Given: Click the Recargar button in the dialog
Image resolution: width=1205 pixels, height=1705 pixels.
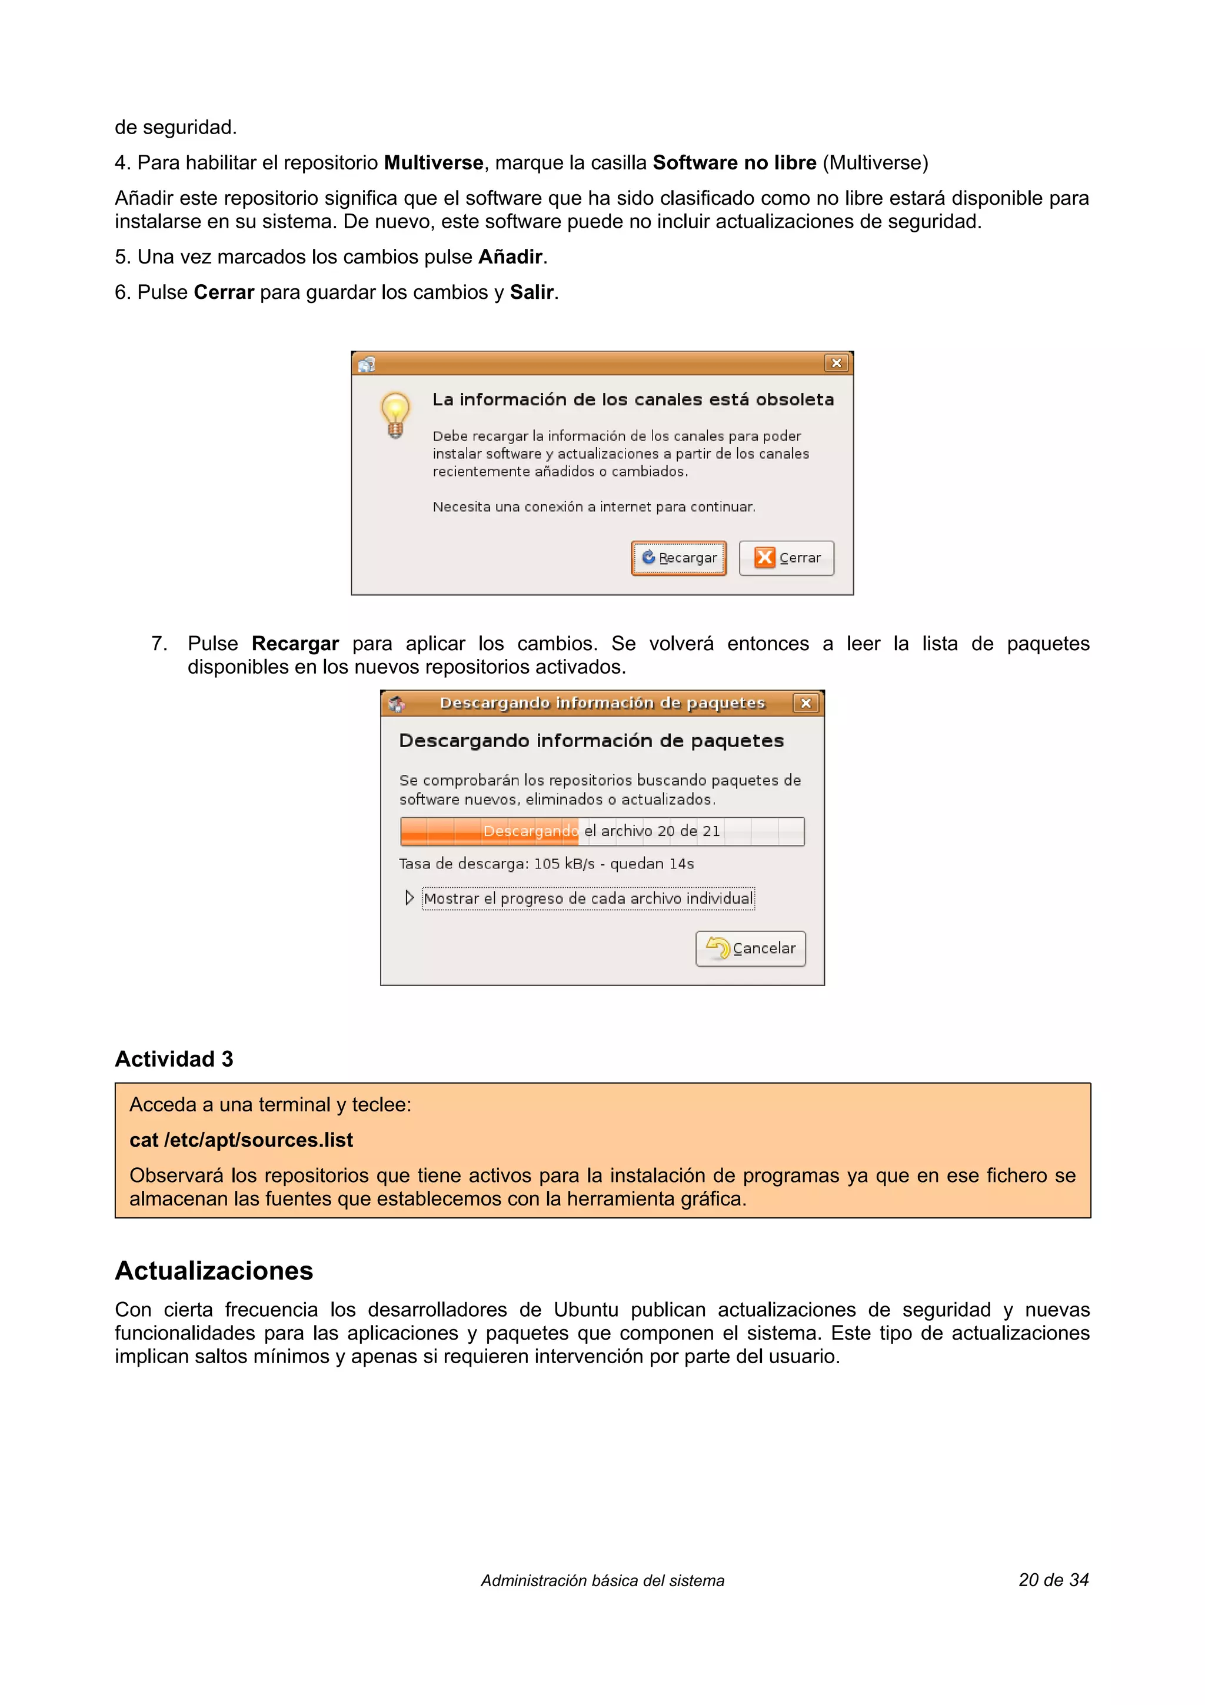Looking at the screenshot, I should point(678,558).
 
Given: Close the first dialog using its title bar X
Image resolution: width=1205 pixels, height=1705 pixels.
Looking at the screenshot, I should point(836,363).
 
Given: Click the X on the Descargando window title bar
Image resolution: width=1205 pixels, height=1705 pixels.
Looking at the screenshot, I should point(805,703).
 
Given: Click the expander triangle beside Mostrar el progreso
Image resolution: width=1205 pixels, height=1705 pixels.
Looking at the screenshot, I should point(409,898).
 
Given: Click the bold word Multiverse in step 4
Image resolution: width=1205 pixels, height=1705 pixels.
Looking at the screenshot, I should point(433,162).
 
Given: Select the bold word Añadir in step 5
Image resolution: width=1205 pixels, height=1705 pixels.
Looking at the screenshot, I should point(510,257).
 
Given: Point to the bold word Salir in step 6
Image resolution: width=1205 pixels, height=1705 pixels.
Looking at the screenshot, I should point(531,292).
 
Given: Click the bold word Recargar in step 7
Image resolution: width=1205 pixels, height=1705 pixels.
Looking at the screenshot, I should point(295,644).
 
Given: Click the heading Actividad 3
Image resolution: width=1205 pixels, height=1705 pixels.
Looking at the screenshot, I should point(174,1059).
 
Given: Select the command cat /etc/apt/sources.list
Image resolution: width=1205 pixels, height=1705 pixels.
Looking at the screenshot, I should point(241,1140).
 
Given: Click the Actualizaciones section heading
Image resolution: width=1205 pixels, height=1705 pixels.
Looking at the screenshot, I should point(214,1271).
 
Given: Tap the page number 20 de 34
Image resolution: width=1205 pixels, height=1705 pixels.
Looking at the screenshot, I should point(1053,1580).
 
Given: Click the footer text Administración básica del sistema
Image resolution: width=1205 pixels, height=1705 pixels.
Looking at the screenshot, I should point(602,1581).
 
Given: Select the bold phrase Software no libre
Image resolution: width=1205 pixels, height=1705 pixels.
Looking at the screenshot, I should point(734,162).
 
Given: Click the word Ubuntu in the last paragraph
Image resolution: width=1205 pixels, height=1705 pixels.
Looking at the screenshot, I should point(586,1310).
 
